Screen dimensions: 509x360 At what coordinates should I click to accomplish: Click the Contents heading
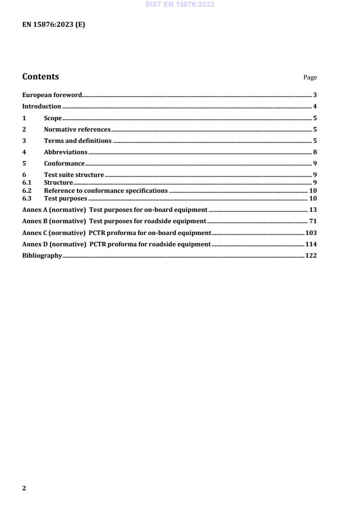pos(40,77)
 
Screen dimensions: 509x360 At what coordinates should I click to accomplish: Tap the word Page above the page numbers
pos(310,78)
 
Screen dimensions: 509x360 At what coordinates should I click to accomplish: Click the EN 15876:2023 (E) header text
pos(54,25)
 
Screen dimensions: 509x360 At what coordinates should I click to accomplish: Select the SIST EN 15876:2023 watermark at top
pos(180,5)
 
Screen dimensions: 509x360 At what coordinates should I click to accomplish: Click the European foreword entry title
pos(52,95)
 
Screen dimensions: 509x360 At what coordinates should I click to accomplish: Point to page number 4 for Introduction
pos(315,107)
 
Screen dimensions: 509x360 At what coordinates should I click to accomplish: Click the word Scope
pos(53,118)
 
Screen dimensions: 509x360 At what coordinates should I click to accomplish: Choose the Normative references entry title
pos(77,130)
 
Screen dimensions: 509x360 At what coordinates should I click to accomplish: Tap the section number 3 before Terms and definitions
pos(24,141)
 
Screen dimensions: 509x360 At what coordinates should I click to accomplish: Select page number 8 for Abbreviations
pos(315,152)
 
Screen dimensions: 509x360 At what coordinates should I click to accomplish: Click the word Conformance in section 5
pos(64,164)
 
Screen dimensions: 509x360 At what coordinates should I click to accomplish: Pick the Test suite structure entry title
pos(74,175)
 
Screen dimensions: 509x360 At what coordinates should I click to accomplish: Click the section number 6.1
pos(26,183)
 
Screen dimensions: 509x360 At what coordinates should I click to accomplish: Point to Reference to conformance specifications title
pos(106,191)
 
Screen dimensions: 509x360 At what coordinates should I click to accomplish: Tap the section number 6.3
pos(26,199)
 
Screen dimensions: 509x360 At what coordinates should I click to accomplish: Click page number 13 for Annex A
pos(313,210)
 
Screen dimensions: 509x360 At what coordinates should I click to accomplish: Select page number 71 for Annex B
pos(313,221)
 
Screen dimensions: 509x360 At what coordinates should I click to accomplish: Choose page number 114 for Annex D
pos(311,245)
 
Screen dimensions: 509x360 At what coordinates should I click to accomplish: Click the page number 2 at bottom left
pos(24,488)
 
